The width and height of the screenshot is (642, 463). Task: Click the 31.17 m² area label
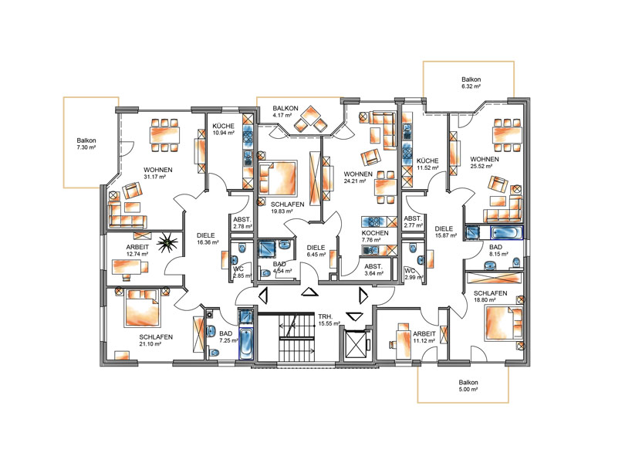(155, 177)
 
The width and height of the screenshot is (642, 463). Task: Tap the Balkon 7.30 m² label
(86, 144)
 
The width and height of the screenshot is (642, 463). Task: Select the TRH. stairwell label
(326, 316)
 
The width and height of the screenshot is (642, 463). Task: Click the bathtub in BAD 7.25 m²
(245, 343)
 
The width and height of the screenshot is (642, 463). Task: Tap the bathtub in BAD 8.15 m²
(507, 232)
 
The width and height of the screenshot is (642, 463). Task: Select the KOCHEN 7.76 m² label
(375, 236)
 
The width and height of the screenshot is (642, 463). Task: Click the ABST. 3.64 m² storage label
(373, 269)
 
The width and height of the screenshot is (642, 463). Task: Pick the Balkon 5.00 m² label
(468, 386)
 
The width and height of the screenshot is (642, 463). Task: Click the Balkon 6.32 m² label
(471, 83)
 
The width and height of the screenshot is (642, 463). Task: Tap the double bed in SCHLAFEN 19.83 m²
(278, 177)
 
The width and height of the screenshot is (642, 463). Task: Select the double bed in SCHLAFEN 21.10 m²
(142, 307)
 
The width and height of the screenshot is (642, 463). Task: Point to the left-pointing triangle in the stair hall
(263, 296)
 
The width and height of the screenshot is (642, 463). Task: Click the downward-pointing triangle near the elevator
(354, 316)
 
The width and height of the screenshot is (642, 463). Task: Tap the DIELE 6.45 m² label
(316, 251)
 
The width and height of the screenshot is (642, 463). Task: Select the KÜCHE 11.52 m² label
(427, 164)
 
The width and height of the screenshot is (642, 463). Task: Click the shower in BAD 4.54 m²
(267, 249)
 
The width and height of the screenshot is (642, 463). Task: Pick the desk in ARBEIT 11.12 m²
(404, 339)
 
